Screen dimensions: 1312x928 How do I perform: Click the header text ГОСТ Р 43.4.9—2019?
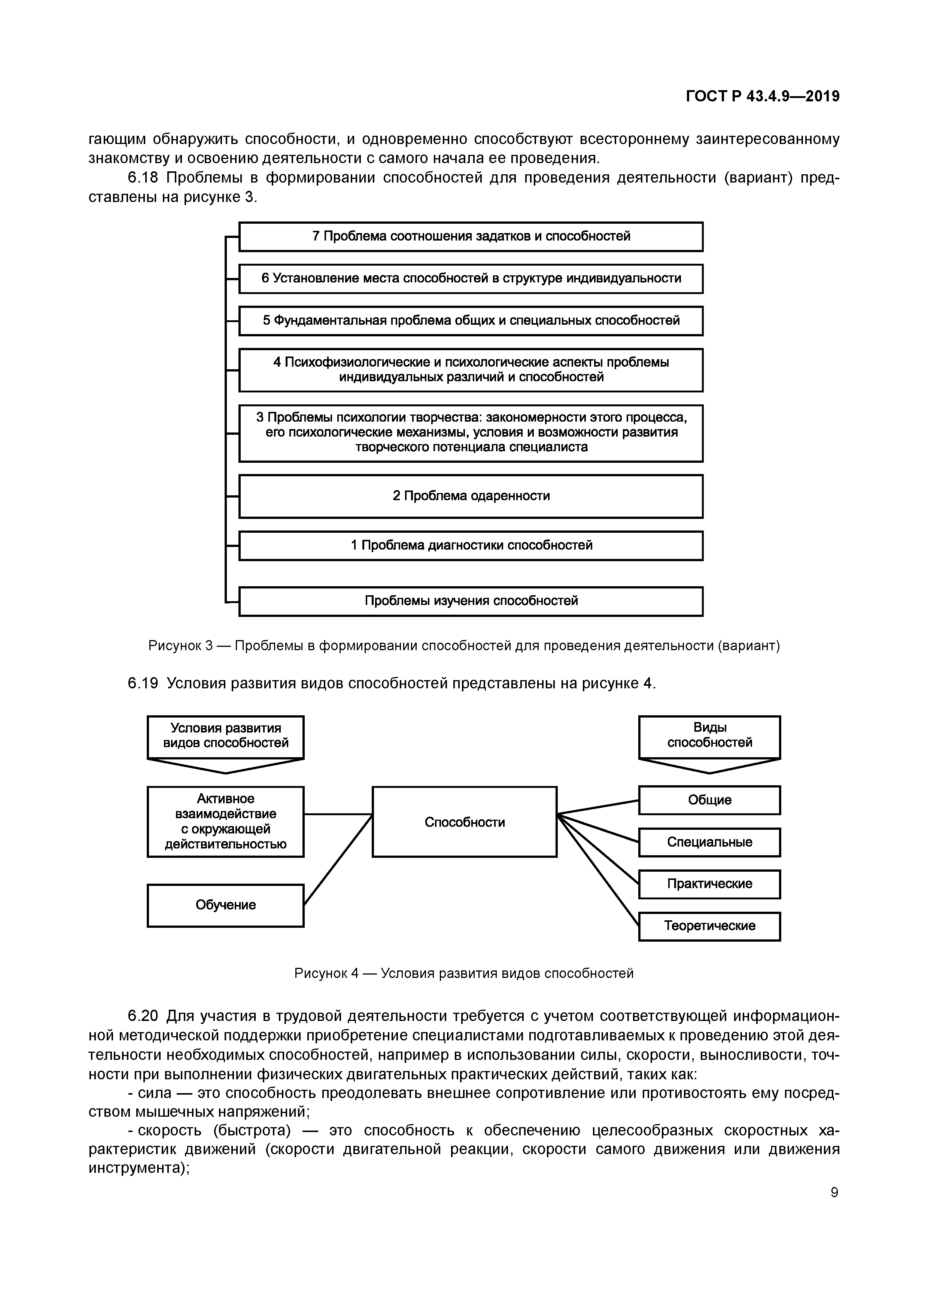763,97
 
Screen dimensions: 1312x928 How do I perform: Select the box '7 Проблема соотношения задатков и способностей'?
471,236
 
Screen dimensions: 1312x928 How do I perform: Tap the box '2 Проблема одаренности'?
471,496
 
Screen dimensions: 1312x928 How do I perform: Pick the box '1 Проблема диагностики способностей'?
471,546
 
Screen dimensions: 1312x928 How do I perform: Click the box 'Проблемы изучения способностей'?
471,601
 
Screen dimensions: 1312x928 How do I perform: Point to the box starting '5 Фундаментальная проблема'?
471,321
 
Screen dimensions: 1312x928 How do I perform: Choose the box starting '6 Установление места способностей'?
471,279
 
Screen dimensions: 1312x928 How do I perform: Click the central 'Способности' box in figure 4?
464,822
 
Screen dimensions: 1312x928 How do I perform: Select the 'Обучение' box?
225,905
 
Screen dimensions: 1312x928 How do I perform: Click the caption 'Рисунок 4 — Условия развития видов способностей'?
464,973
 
